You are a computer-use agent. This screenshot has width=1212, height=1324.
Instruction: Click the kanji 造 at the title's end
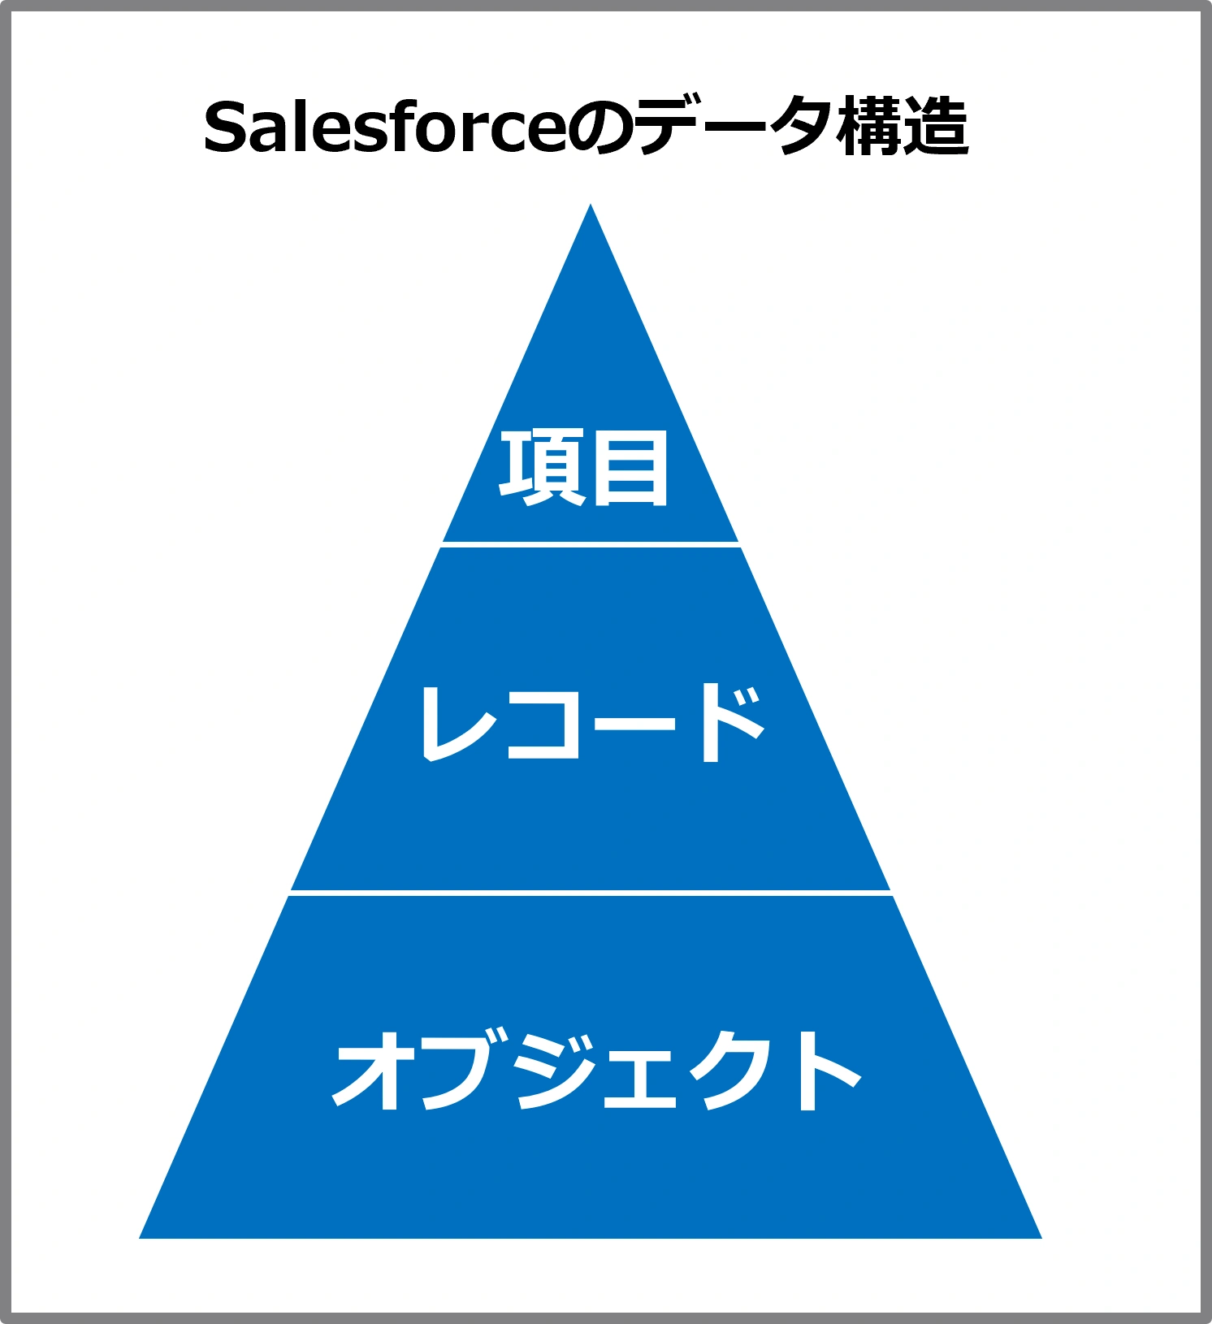[937, 127]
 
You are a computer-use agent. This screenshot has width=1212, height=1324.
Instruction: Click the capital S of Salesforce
[225, 128]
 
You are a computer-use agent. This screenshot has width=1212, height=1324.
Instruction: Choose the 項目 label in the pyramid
[584, 468]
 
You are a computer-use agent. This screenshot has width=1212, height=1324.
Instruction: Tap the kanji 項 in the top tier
[539, 468]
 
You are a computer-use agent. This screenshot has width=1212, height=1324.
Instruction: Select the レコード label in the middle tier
[591, 721]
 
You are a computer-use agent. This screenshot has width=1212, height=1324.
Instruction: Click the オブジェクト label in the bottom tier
[596, 1070]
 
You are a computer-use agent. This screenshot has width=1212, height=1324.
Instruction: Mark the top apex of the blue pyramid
[591, 204]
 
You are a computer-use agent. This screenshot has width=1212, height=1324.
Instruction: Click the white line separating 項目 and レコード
[591, 544]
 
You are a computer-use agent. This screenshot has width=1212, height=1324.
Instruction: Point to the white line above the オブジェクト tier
[591, 893]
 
